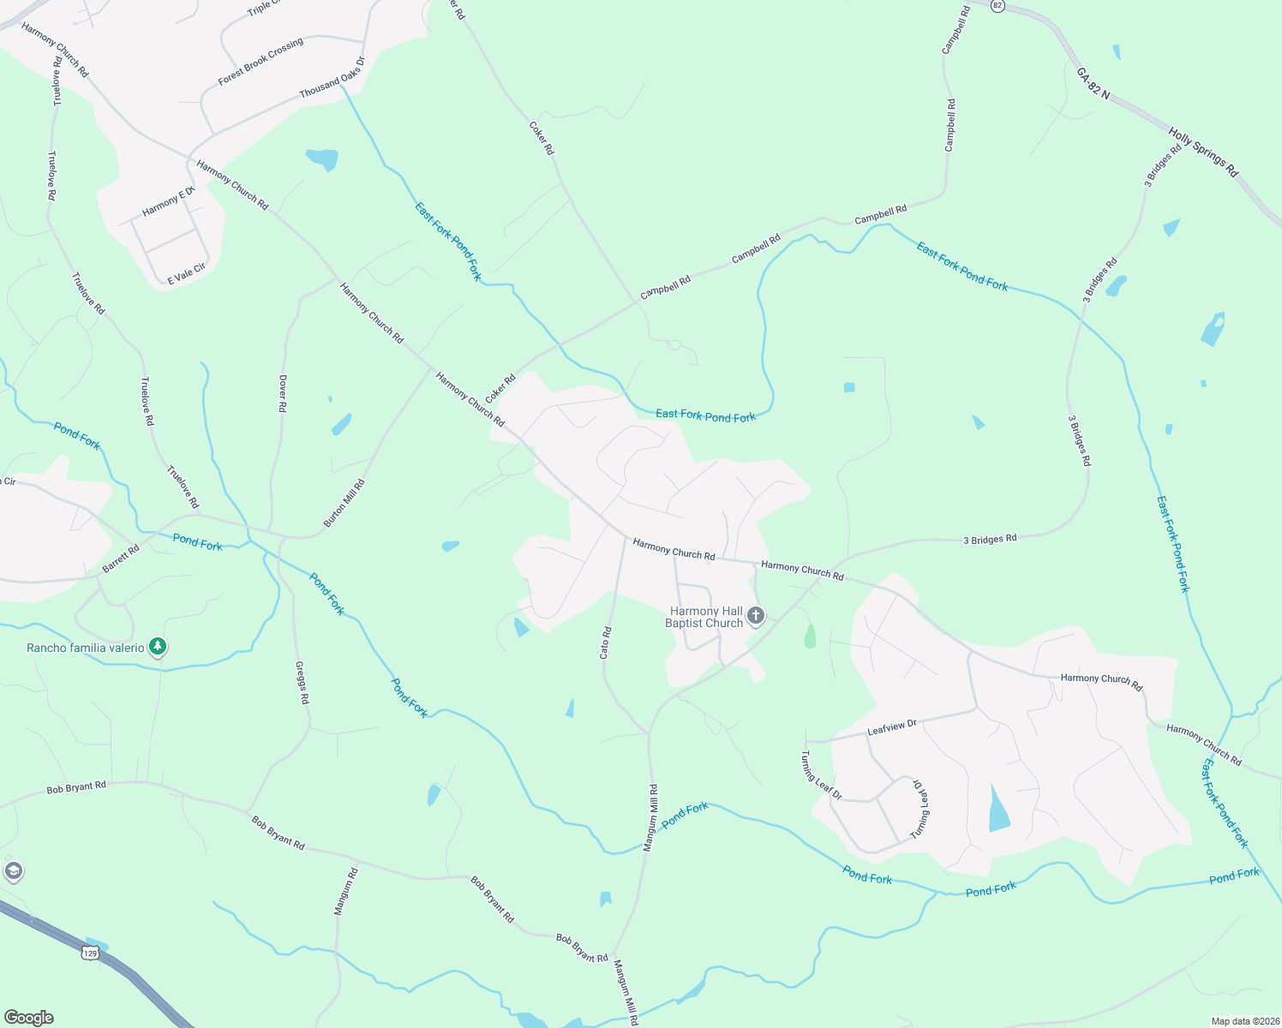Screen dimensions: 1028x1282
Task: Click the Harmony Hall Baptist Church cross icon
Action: [x=755, y=615]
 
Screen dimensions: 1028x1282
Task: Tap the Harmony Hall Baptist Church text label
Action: [x=705, y=617]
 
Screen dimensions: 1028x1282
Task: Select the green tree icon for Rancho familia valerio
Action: [x=157, y=647]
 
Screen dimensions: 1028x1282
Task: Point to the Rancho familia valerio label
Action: [x=86, y=648]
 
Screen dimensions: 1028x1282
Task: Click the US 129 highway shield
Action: [x=90, y=952]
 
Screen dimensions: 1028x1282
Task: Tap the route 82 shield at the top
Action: [x=997, y=5]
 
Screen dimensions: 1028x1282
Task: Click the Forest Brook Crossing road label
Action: [x=261, y=62]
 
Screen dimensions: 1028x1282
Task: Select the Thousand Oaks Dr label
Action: [x=332, y=77]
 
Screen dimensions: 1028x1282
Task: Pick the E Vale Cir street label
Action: [x=186, y=274]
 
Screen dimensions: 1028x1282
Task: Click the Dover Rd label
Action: [x=282, y=394]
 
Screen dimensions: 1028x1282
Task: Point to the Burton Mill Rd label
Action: [x=344, y=503]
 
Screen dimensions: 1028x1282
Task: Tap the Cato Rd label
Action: [x=605, y=642]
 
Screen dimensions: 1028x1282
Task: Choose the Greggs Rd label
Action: [x=302, y=682]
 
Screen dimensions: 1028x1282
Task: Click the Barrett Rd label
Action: [x=121, y=559]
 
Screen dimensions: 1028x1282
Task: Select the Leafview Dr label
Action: [x=892, y=727]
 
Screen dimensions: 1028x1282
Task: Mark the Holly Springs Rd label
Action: [x=1203, y=152]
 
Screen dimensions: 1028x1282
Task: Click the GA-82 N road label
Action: [x=1093, y=83]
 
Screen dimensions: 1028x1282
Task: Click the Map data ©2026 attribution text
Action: [x=1243, y=1021]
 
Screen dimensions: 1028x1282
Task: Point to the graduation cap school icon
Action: [x=12, y=872]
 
